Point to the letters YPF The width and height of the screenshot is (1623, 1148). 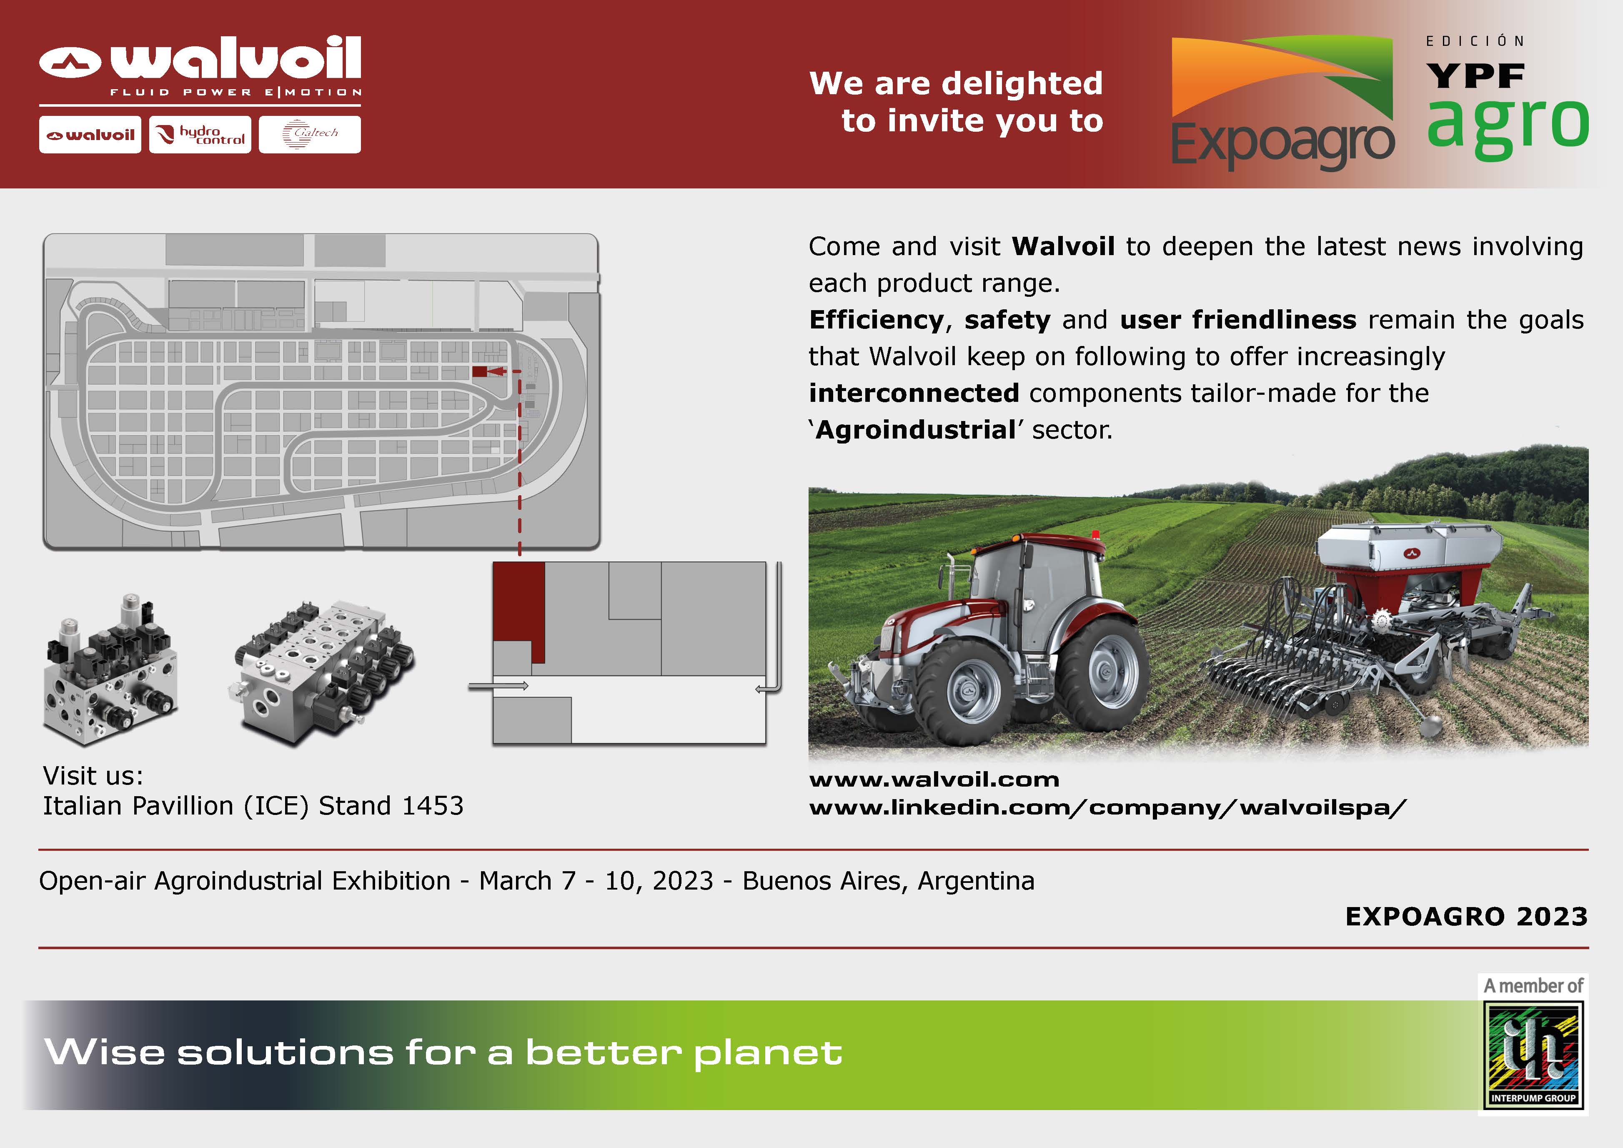1475,75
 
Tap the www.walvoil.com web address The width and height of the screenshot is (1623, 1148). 934,780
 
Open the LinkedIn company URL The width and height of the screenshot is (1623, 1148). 1108,807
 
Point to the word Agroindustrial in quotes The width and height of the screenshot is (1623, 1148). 915,430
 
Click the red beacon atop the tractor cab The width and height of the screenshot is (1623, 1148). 1096,534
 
